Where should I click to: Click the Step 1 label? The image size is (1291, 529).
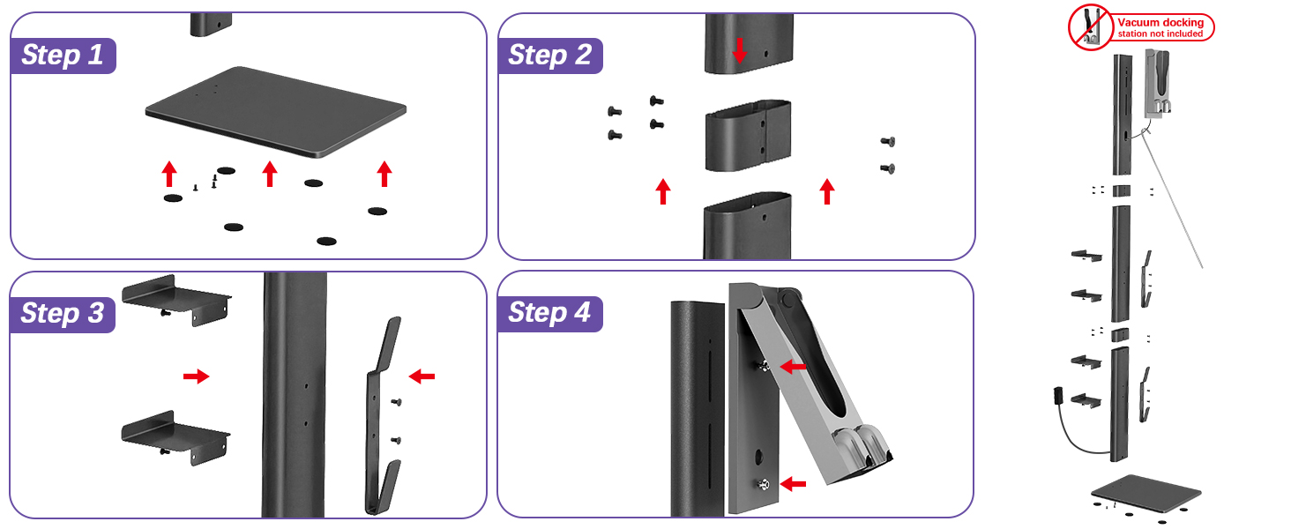[63, 55]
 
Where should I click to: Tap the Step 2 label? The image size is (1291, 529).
[549, 56]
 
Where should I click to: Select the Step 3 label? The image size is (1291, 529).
[63, 313]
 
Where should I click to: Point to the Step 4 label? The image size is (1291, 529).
[549, 313]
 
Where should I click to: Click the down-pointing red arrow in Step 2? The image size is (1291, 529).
[740, 50]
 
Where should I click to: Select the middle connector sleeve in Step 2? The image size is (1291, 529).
[747, 135]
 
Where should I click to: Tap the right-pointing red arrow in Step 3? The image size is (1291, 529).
[196, 376]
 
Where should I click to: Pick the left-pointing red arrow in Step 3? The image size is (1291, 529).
[422, 376]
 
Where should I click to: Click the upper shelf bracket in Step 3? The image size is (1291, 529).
[176, 298]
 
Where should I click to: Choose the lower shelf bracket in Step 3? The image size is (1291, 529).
[176, 432]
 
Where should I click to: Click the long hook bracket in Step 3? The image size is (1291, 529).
[383, 414]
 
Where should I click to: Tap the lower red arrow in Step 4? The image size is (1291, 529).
[793, 483]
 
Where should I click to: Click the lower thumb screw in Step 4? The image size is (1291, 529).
[763, 483]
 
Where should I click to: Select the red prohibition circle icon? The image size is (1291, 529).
[1090, 27]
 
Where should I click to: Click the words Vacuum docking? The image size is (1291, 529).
[1164, 23]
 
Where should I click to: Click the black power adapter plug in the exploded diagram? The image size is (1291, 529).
[1058, 396]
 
